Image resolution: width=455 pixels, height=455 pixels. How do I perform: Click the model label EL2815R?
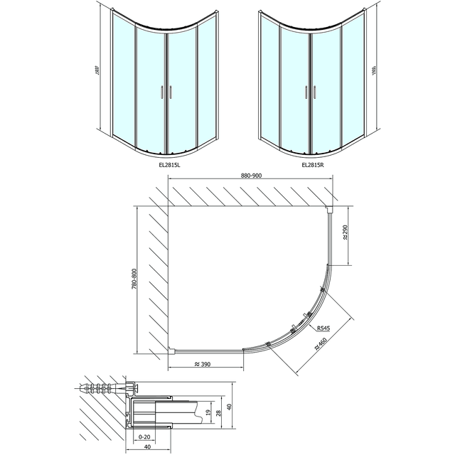[x=312, y=165]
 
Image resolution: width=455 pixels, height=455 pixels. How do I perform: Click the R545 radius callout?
[x=323, y=328]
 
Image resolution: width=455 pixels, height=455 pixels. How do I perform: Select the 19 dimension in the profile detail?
[x=207, y=412]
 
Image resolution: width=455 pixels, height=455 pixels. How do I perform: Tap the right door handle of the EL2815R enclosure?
[x=314, y=92]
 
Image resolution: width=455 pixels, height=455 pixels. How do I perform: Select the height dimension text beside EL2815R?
[x=375, y=72]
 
